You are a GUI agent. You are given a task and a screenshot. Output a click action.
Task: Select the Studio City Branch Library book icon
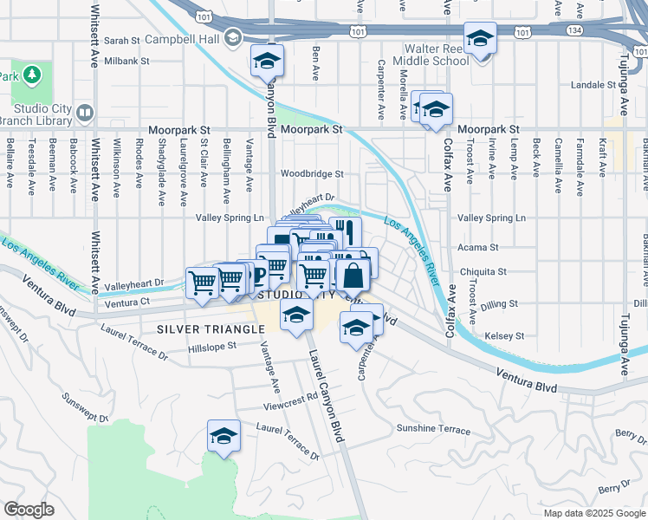coord(84,113)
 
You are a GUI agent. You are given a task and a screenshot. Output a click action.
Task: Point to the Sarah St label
coord(121,40)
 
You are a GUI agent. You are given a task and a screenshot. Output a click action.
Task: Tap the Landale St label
coord(593,85)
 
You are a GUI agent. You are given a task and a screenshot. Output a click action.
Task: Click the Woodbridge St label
coord(311,173)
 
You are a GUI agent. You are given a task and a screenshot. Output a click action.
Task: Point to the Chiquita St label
coord(483,271)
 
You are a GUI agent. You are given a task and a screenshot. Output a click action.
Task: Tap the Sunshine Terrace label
coord(433,430)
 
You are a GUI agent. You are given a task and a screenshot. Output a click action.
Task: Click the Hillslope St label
coord(212,347)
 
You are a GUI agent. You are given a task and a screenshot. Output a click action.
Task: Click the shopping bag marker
coord(353,276)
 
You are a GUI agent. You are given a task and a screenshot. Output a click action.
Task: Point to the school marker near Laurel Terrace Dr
coord(224,435)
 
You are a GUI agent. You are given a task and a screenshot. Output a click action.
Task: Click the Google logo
coord(29,510)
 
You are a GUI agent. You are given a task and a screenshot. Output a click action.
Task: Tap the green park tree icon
coord(33,75)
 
